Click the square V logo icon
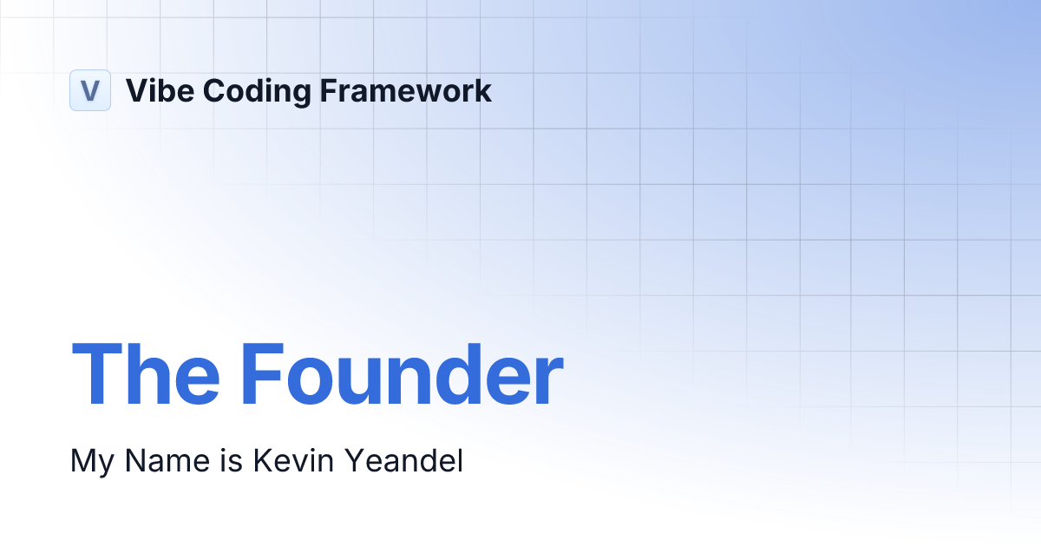90,90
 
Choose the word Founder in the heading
402,375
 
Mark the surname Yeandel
403,460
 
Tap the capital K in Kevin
261,460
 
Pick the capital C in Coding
202,90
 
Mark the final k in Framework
484,90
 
